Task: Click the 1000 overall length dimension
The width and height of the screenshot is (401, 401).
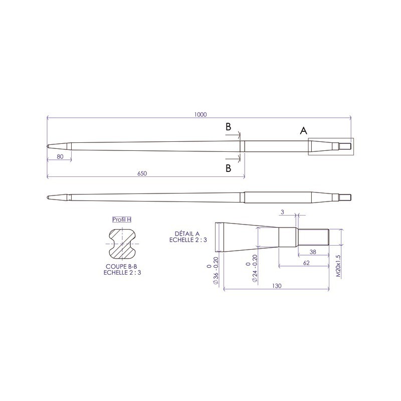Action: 200,115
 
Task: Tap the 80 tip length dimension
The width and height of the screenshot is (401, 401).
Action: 60,156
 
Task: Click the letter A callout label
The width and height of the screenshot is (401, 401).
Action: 303,131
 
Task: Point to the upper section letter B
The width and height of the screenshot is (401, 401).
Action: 229,127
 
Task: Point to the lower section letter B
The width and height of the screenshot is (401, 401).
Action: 229,168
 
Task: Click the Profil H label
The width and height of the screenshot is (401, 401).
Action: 122,220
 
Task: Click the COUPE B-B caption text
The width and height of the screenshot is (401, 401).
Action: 122,267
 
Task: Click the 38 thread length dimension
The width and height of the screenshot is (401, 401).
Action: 312,252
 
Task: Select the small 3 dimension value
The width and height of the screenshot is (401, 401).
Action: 282,213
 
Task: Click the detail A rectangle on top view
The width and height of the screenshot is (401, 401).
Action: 330,146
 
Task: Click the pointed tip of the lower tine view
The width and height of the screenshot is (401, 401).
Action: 48,196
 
